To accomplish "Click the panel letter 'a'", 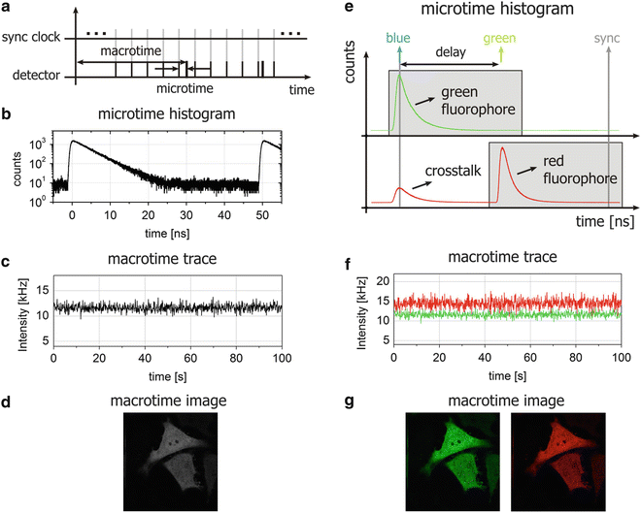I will pos(8,9).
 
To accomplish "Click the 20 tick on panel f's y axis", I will pos(357,280).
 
